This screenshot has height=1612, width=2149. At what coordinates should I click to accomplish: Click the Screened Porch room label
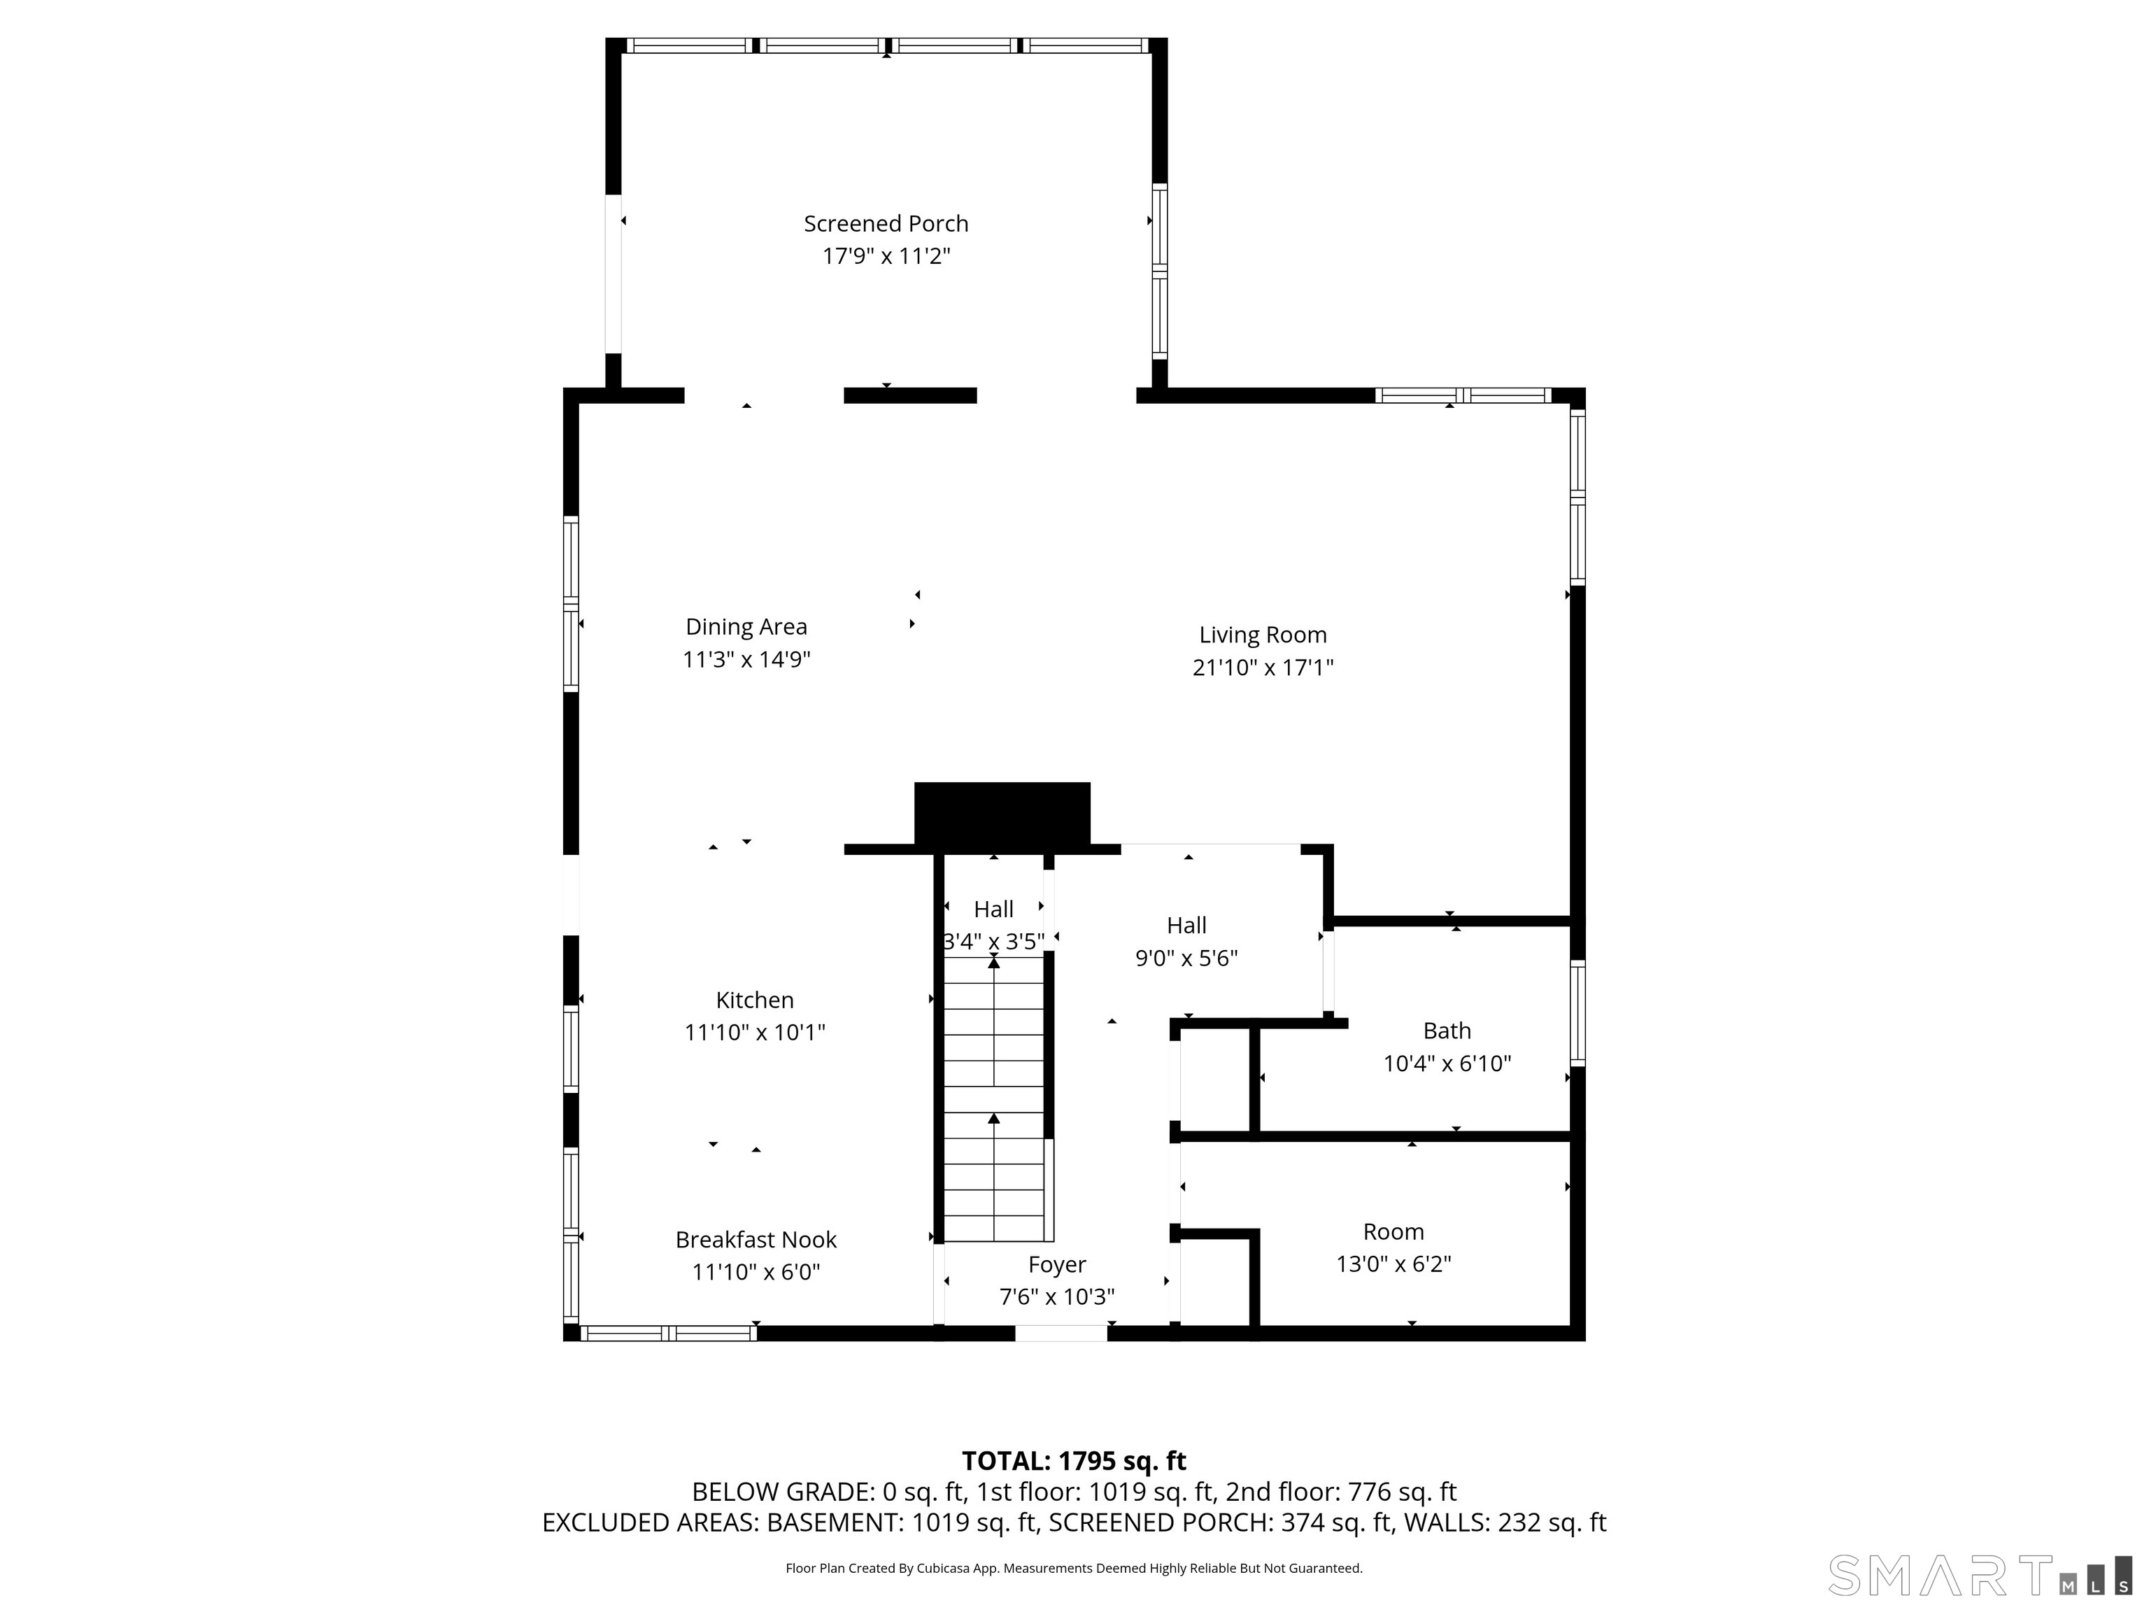coord(886,223)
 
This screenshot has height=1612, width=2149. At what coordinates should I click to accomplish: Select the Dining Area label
coord(746,627)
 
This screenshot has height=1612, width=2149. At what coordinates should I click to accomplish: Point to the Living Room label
coord(1263,635)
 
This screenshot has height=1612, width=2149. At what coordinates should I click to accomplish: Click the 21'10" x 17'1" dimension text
coord(1263,667)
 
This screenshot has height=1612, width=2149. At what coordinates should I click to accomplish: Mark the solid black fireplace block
coord(1002,813)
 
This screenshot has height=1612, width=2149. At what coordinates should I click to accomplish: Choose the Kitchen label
coord(755,1000)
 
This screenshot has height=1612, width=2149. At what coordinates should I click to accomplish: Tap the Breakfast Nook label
coord(756,1240)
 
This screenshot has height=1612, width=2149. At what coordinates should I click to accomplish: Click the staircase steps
coord(995,1098)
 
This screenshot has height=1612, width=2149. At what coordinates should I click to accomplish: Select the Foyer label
coord(1057,1264)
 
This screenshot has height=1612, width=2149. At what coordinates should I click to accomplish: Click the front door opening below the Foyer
coord(1061,1333)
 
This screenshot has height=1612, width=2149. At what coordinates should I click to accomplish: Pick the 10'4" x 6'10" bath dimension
coord(1447,1063)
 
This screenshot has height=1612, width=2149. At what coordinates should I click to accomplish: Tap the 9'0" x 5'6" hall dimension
coord(1186,958)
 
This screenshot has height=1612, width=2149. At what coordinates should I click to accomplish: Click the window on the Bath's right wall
coord(1577,1014)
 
